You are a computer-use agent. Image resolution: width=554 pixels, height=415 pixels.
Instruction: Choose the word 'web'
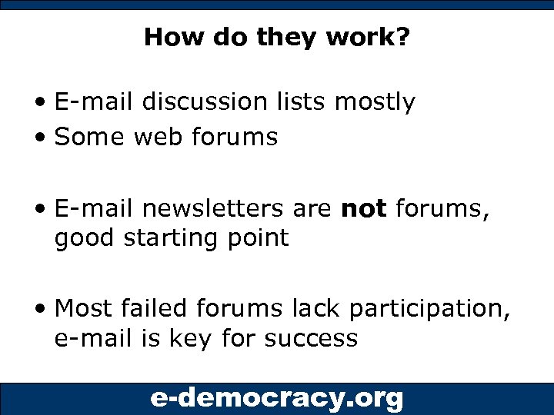pyautogui.click(x=162, y=137)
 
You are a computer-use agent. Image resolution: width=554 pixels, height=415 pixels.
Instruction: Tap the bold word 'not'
pyautogui.click(x=363, y=209)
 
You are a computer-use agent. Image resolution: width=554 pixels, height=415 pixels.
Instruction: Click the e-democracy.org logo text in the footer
pyautogui.click(x=276, y=398)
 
